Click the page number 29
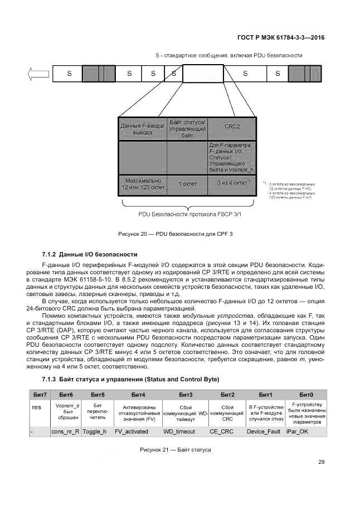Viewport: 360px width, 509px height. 321,461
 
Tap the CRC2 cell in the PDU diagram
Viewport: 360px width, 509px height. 232,127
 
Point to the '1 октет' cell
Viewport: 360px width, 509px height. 187,183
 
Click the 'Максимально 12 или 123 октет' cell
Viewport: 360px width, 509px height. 143,183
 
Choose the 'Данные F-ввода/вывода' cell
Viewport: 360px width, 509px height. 143,129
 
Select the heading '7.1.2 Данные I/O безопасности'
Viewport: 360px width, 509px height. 90,254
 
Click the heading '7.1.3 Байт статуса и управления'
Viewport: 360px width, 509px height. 131,379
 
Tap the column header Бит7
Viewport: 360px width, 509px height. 39,395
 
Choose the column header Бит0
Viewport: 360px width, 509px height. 306,395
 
